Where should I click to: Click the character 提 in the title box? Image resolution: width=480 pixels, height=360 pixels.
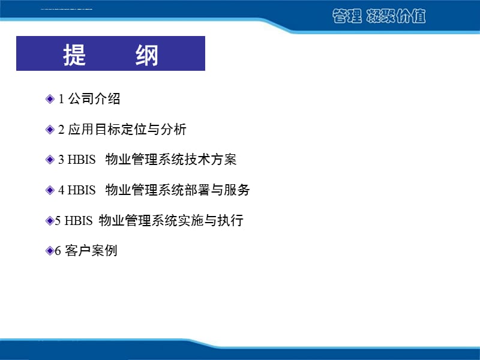[74, 55]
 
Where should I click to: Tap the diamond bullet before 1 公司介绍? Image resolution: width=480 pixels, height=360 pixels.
[50, 99]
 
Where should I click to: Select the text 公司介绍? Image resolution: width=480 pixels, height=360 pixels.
[95, 99]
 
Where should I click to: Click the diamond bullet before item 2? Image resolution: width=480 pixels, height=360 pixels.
[50, 130]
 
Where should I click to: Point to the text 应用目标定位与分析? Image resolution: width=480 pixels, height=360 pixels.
[128, 130]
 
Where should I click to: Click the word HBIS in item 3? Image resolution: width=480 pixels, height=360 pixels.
[82, 160]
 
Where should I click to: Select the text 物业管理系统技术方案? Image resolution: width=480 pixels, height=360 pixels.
[171, 160]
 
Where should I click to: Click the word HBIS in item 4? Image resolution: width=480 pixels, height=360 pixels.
[82, 191]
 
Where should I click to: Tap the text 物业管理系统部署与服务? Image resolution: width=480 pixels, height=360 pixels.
[178, 191]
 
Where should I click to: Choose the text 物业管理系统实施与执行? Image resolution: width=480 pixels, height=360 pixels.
[171, 221]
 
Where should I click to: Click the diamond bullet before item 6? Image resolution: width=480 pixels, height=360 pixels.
[50, 251]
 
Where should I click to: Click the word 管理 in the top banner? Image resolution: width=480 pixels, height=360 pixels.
[347, 17]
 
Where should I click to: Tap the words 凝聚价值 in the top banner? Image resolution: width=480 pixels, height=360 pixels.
[396, 17]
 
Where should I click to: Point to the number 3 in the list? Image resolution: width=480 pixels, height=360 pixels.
[61, 160]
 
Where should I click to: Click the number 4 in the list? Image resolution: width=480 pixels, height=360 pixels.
[61, 191]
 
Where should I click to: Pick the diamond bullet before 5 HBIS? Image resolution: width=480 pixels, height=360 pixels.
[50, 221]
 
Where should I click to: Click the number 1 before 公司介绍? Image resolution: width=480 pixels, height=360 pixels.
[61, 100]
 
